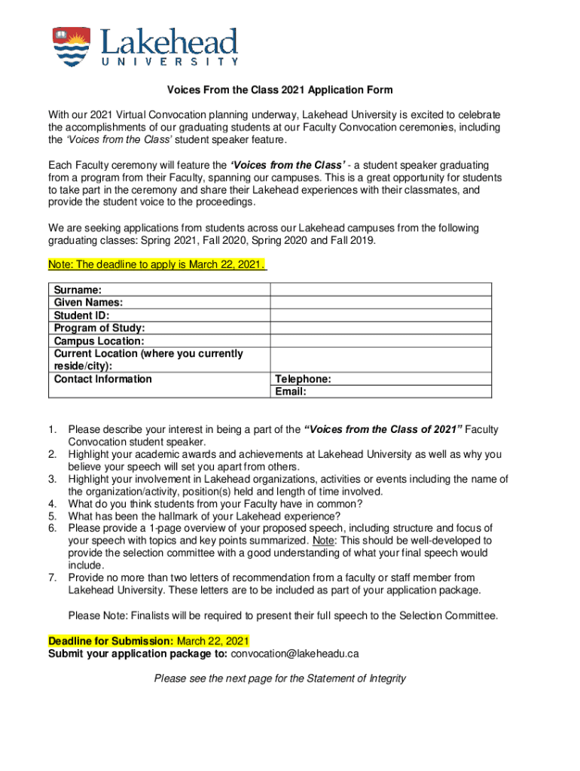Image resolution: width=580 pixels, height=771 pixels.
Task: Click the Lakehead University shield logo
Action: [x=71, y=47]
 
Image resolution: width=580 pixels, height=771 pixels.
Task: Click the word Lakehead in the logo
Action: [x=169, y=42]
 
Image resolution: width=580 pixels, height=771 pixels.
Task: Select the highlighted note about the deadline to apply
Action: [x=157, y=265]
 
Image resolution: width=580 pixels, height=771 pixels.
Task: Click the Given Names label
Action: [x=89, y=303]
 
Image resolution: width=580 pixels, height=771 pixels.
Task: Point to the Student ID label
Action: [x=81, y=315]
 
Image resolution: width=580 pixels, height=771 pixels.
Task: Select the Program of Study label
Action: [x=99, y=328]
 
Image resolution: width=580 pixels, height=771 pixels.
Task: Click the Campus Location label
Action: [x=99, y=341]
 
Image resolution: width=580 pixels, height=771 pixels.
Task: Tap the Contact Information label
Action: [x=103, y=379]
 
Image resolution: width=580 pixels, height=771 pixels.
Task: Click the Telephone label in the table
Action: [x=303, y=379]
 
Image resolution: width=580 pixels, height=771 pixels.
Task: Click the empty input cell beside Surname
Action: [x=380, y=290]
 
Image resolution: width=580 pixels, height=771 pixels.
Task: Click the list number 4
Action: [x=52, y=504]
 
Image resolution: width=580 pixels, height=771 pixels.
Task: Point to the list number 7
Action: [x=52, y=577]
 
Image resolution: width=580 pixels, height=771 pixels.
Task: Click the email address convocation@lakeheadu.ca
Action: [x=295, y=654]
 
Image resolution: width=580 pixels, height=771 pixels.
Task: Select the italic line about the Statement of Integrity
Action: [x=279, y=678]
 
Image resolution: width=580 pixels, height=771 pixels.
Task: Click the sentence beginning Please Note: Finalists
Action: [x=283, y=615]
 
